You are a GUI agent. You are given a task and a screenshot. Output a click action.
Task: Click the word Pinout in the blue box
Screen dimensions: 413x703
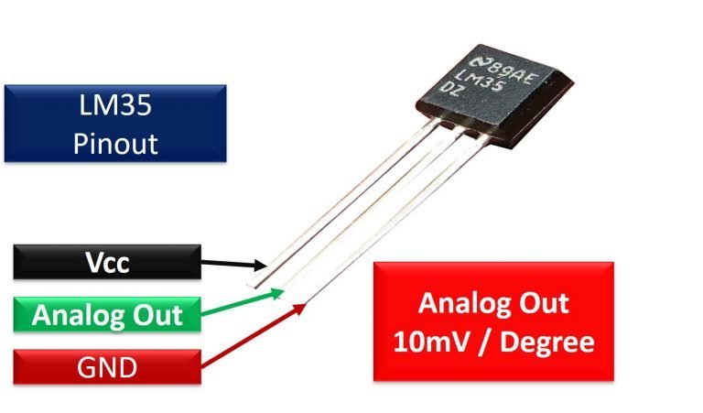point(115,144)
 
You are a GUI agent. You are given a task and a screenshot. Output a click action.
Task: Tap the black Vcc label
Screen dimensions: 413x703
point(107,264)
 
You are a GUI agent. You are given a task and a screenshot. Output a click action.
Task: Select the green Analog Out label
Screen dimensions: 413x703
point(107,316)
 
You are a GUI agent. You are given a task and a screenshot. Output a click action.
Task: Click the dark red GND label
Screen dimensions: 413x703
point(107,368)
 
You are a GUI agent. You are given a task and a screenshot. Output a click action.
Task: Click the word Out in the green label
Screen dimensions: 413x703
point(157,316)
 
